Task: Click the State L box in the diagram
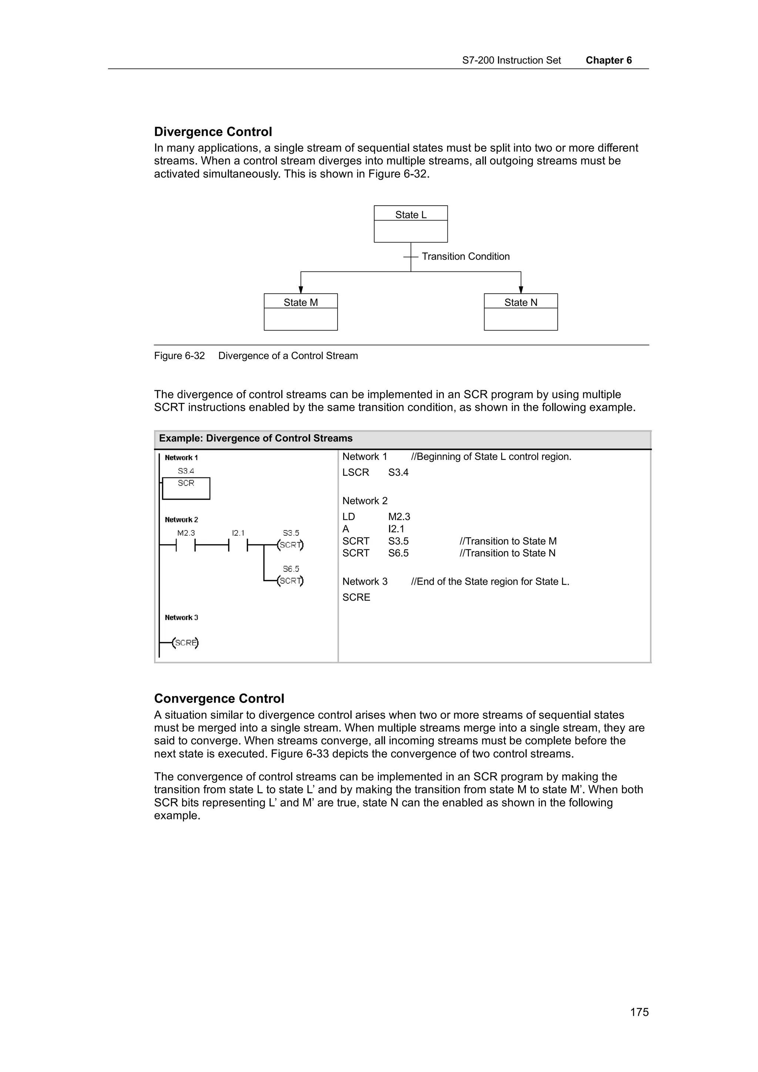(x=410, y=224)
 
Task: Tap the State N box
(x=520, y=312)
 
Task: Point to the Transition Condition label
(x=465, y=256)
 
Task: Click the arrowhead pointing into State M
(x=301, y=290)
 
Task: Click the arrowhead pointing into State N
(x=521, y=290)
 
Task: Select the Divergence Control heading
(x=213, y=132)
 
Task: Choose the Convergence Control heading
(x=219, y=698)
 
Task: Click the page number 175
(x=639, y=1012)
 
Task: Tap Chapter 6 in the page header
(x=608, y=60)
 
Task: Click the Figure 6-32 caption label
(x=180, y=356)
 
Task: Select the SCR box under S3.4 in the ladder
(x=186, y=488)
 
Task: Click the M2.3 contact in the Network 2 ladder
(x=185, y=545)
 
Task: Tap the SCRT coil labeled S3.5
(x=290, y=545)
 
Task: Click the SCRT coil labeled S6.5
(x=290, y=581)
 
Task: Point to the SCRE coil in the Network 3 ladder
(x=185, y=643)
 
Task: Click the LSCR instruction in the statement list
(x=355, y=472)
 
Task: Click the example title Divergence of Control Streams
(x=255, y=438)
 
